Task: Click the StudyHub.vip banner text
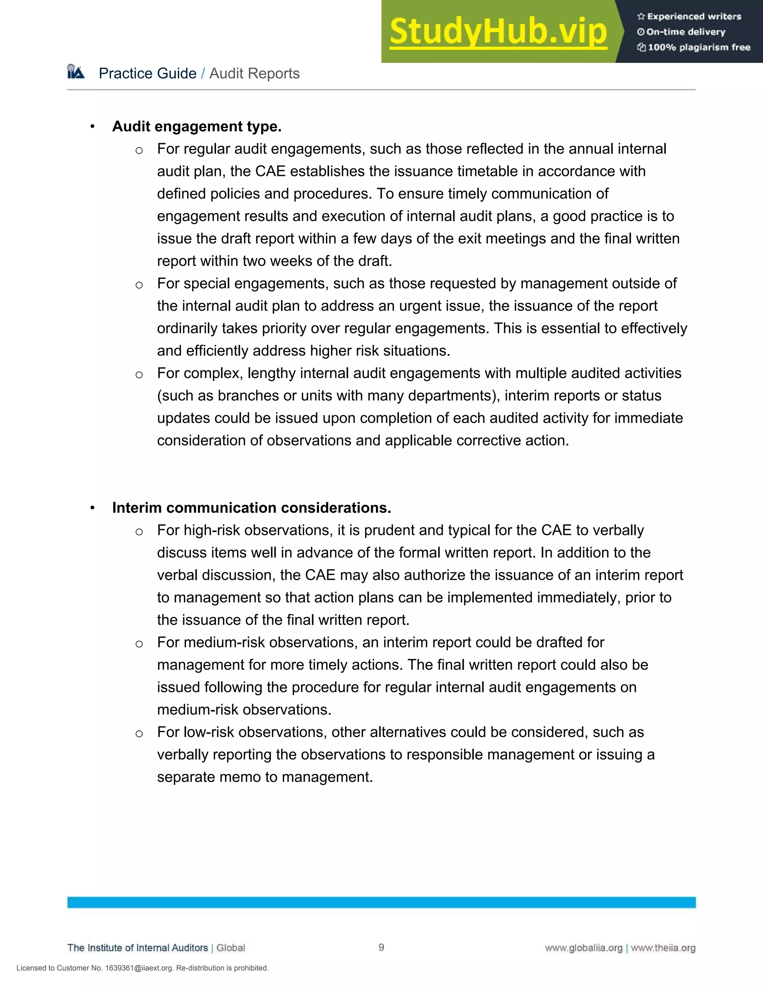point(498,32)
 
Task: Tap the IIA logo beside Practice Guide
point(76,72)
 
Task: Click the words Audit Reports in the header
point(254,73)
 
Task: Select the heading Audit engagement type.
point(197,127)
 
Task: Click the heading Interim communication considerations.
point(251,508)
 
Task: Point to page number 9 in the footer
point(381,947)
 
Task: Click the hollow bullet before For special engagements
point(139,285)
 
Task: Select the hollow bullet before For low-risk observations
point(139,733)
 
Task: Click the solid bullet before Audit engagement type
point(92,127)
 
